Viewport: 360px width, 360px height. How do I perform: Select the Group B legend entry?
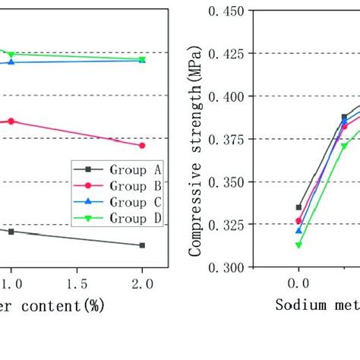tap(118, 185)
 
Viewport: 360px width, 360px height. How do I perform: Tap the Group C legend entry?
tap(118, 202)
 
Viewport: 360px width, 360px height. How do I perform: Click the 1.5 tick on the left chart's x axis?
tap(76, 283)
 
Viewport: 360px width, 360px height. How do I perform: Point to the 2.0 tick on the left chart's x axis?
tap(142, 283)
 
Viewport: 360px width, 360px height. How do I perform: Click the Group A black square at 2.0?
tap(142, 245)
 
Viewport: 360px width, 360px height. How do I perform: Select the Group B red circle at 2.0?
tap(142, 145)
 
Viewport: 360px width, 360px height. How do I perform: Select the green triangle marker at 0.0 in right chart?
tap(298, 245)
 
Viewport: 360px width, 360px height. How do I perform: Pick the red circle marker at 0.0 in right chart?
tap(298, 221)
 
